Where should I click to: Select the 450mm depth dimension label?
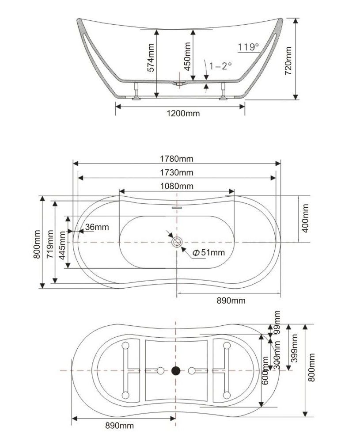(x=187, y=52)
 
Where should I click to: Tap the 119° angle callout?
(x=248, y=47)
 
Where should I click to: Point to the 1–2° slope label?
(x=220, y=66)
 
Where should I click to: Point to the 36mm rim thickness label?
(x=97, y=227)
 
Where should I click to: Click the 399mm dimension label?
(x=295, y=347)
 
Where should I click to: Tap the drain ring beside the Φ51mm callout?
(x=178, y=242)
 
